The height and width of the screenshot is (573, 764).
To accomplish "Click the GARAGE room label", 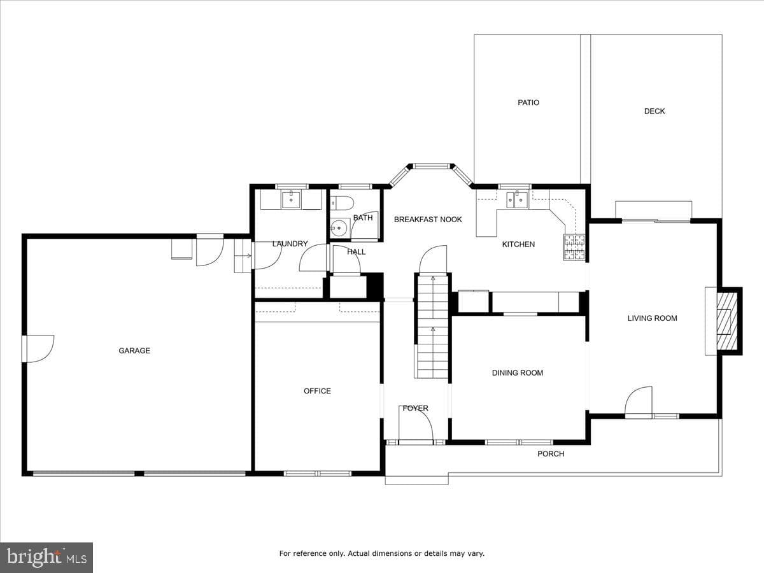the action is coord(134,350).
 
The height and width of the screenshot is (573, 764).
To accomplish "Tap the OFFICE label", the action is coord(317,391).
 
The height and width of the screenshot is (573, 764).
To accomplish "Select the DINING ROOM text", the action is coord(518,373).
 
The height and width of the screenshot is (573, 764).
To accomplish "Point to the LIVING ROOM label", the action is coord(653,318).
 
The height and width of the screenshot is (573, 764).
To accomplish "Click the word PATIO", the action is coord(528,103).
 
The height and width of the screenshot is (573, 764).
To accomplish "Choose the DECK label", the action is coord(654,111).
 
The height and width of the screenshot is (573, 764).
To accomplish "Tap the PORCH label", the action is coord(551,454).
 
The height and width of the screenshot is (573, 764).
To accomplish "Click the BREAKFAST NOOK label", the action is coord(428,220).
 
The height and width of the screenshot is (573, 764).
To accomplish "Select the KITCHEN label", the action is coord(518,244).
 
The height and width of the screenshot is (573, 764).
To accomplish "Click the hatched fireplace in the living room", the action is coord(727,321).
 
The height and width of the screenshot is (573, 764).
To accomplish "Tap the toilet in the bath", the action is coord(342,203).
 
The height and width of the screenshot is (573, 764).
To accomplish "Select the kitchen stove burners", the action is coord(574,248).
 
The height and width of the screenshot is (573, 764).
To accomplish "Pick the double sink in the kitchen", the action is coord(518,200).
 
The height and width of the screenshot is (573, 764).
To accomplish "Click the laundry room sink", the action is coord(290,199).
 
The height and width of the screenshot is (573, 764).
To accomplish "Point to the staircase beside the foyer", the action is coord(433,327).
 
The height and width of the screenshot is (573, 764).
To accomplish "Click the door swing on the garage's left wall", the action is coord(38,349).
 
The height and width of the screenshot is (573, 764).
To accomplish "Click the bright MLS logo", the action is coord(46,557).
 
